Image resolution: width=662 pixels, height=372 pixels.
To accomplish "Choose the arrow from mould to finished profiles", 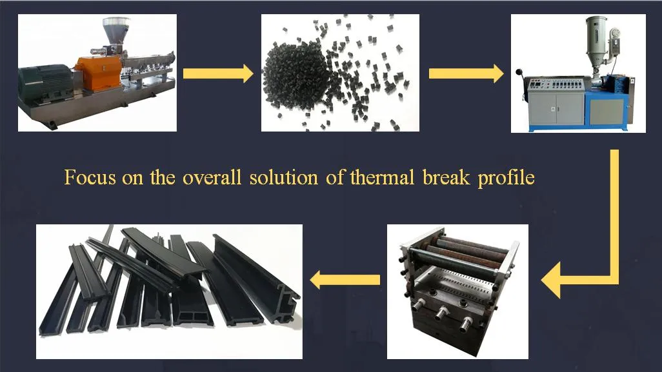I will pos(345,280).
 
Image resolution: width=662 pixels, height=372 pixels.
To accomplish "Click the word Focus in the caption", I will pos(90,177).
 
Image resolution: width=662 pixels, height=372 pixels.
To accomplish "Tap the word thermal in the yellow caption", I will pos(380,177).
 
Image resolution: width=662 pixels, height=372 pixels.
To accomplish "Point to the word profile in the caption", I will pos(507,177).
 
